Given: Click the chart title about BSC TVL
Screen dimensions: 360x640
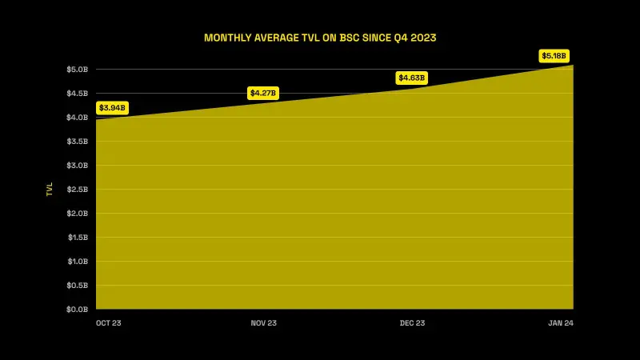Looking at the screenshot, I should tap(320, 38).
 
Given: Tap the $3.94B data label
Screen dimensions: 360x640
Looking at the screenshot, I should tap(112, 107).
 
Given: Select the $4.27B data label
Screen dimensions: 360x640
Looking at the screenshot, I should tap(263, 93).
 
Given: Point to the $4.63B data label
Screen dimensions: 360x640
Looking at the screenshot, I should tap(412, 78).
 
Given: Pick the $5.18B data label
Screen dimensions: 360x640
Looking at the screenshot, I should tap(554, 55).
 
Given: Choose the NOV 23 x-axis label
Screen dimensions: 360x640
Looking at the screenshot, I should tap(263, 322).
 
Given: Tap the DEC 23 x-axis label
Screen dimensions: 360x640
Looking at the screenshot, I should tap(412, 322).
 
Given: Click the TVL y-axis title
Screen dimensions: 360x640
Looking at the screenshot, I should tap(50, 189).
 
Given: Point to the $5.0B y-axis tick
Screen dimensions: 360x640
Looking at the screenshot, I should tap(77, 70).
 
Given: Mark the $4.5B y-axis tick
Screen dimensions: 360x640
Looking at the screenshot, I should tap(77, 94).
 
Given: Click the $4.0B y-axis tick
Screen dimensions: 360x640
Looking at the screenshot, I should tap(77, 118).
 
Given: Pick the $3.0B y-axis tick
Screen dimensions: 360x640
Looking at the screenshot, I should tap(77, 166).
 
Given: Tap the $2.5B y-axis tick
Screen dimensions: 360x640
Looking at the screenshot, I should tap(77, 190).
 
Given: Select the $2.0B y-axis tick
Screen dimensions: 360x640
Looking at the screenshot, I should tap(77, 214).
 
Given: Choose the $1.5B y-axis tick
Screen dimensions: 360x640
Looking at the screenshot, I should tap(77, 238).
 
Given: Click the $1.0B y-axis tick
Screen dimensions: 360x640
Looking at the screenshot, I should tap(77, 262).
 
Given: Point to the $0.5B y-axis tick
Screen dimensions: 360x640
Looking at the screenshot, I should tap(77, 286).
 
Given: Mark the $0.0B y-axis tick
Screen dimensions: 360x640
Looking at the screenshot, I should tap(77, 309).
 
